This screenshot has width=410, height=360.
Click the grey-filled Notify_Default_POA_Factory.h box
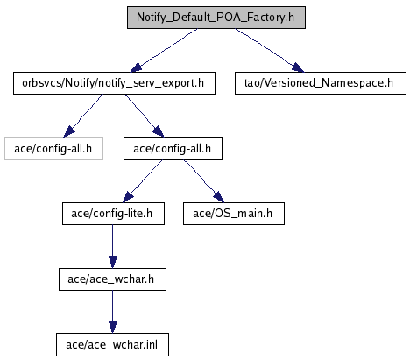216,18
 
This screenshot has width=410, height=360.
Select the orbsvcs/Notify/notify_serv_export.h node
114,83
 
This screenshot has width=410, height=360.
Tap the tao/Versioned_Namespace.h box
321,83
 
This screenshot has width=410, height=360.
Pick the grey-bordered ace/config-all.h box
53,149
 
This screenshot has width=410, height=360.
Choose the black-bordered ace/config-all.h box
173,149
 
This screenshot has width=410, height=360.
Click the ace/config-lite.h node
113,214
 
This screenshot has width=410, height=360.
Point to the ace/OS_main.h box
234,214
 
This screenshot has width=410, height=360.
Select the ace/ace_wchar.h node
112,279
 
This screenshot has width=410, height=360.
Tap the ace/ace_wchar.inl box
112,345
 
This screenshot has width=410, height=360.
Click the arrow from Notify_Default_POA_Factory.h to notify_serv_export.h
164,50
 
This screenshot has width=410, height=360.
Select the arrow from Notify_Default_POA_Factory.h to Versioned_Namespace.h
270,50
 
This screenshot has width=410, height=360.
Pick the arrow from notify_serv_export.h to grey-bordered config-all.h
83,116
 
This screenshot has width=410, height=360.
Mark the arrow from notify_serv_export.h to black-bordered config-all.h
144,116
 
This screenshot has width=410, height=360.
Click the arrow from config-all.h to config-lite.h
143,181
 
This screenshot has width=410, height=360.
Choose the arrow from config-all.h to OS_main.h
204,181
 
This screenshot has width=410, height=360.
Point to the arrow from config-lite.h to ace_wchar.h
113,246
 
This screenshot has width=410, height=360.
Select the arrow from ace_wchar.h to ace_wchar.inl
113,312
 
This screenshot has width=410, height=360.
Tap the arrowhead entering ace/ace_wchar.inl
113,328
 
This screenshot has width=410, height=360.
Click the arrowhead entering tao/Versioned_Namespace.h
297,67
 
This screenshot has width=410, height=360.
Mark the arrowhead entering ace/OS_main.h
219,197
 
